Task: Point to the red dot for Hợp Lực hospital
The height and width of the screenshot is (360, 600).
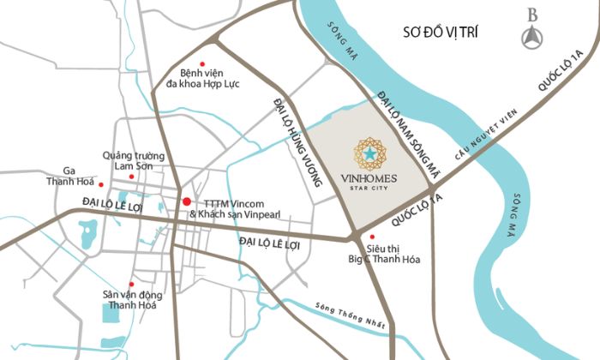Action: [x=202, y=63]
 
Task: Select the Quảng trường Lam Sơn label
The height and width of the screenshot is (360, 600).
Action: [x=133, y=160]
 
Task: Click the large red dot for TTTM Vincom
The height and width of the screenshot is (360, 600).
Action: [x=186, y=201]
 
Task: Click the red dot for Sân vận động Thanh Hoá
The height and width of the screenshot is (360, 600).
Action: [x=131, y=285]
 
